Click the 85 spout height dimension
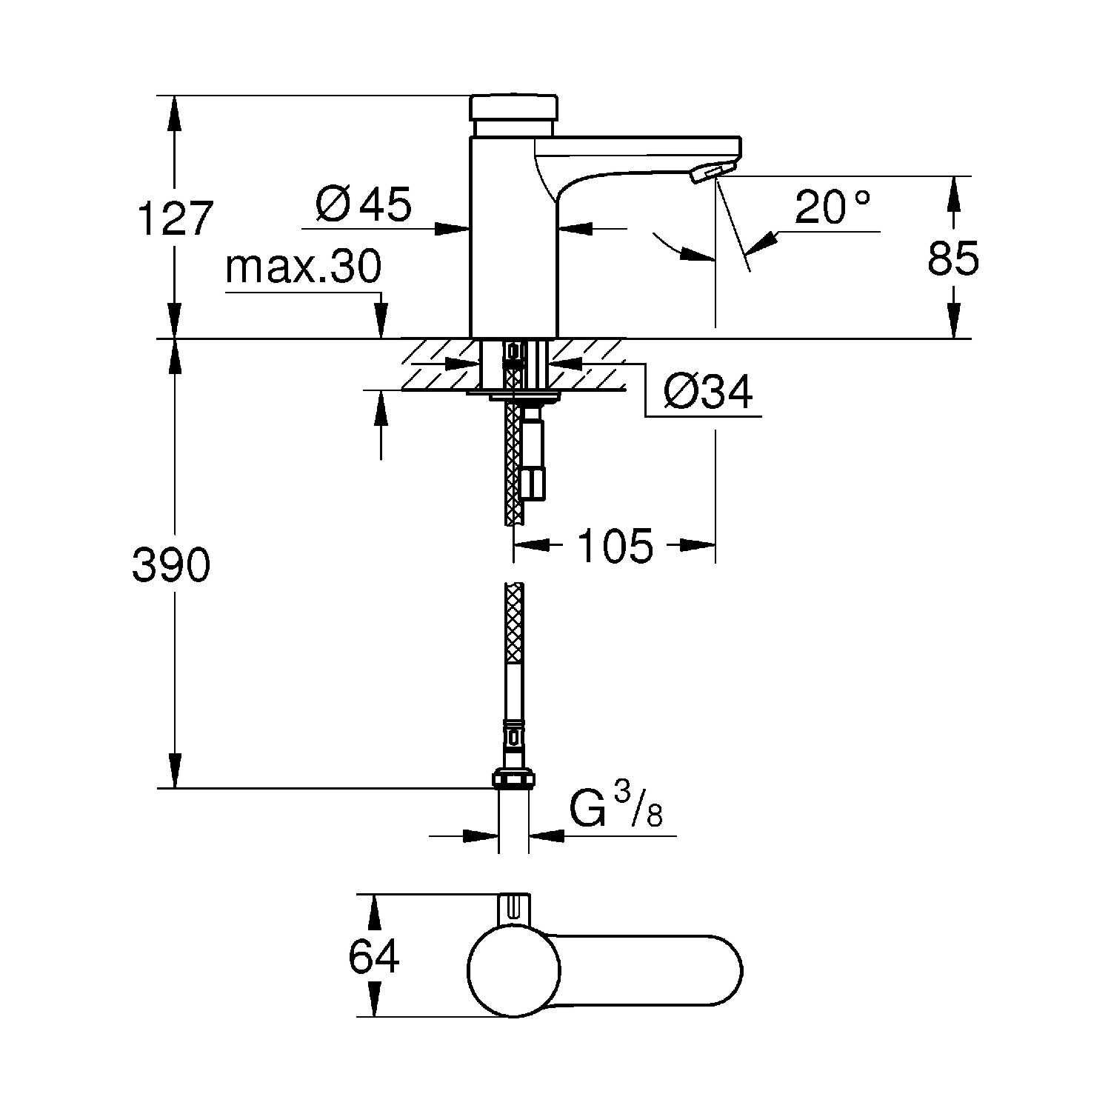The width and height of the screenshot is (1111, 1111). (953, 258)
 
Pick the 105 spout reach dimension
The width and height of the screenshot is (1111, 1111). (615, 546)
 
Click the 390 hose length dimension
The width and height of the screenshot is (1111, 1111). (171, 566)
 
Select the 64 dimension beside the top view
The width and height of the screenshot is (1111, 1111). (374, 956)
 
